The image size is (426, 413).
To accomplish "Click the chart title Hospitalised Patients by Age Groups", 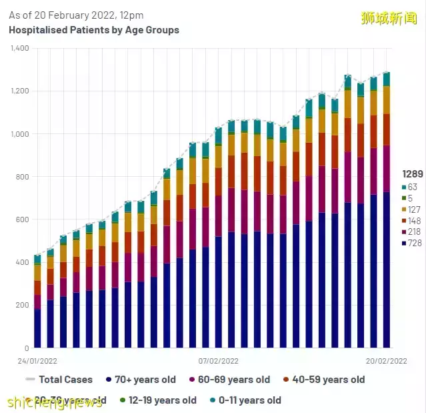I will tap(94, 30).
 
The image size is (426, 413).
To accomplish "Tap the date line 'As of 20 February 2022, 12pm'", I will tap(76, 15).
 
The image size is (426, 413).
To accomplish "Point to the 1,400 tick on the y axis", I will tap(19, 48).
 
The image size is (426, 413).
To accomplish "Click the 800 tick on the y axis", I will tap(23, 177).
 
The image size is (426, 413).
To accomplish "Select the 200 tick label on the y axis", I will tap(23, 305).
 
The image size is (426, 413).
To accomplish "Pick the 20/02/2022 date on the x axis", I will tap(387, 360).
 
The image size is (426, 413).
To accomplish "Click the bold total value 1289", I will tap(410, 173).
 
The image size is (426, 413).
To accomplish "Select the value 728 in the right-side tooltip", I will tap(414, 243).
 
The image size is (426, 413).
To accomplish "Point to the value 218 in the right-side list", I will tap(414, 232).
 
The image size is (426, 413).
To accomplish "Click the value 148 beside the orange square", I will tap(414, 221).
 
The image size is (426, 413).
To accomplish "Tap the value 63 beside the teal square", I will tap(413, 187).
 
